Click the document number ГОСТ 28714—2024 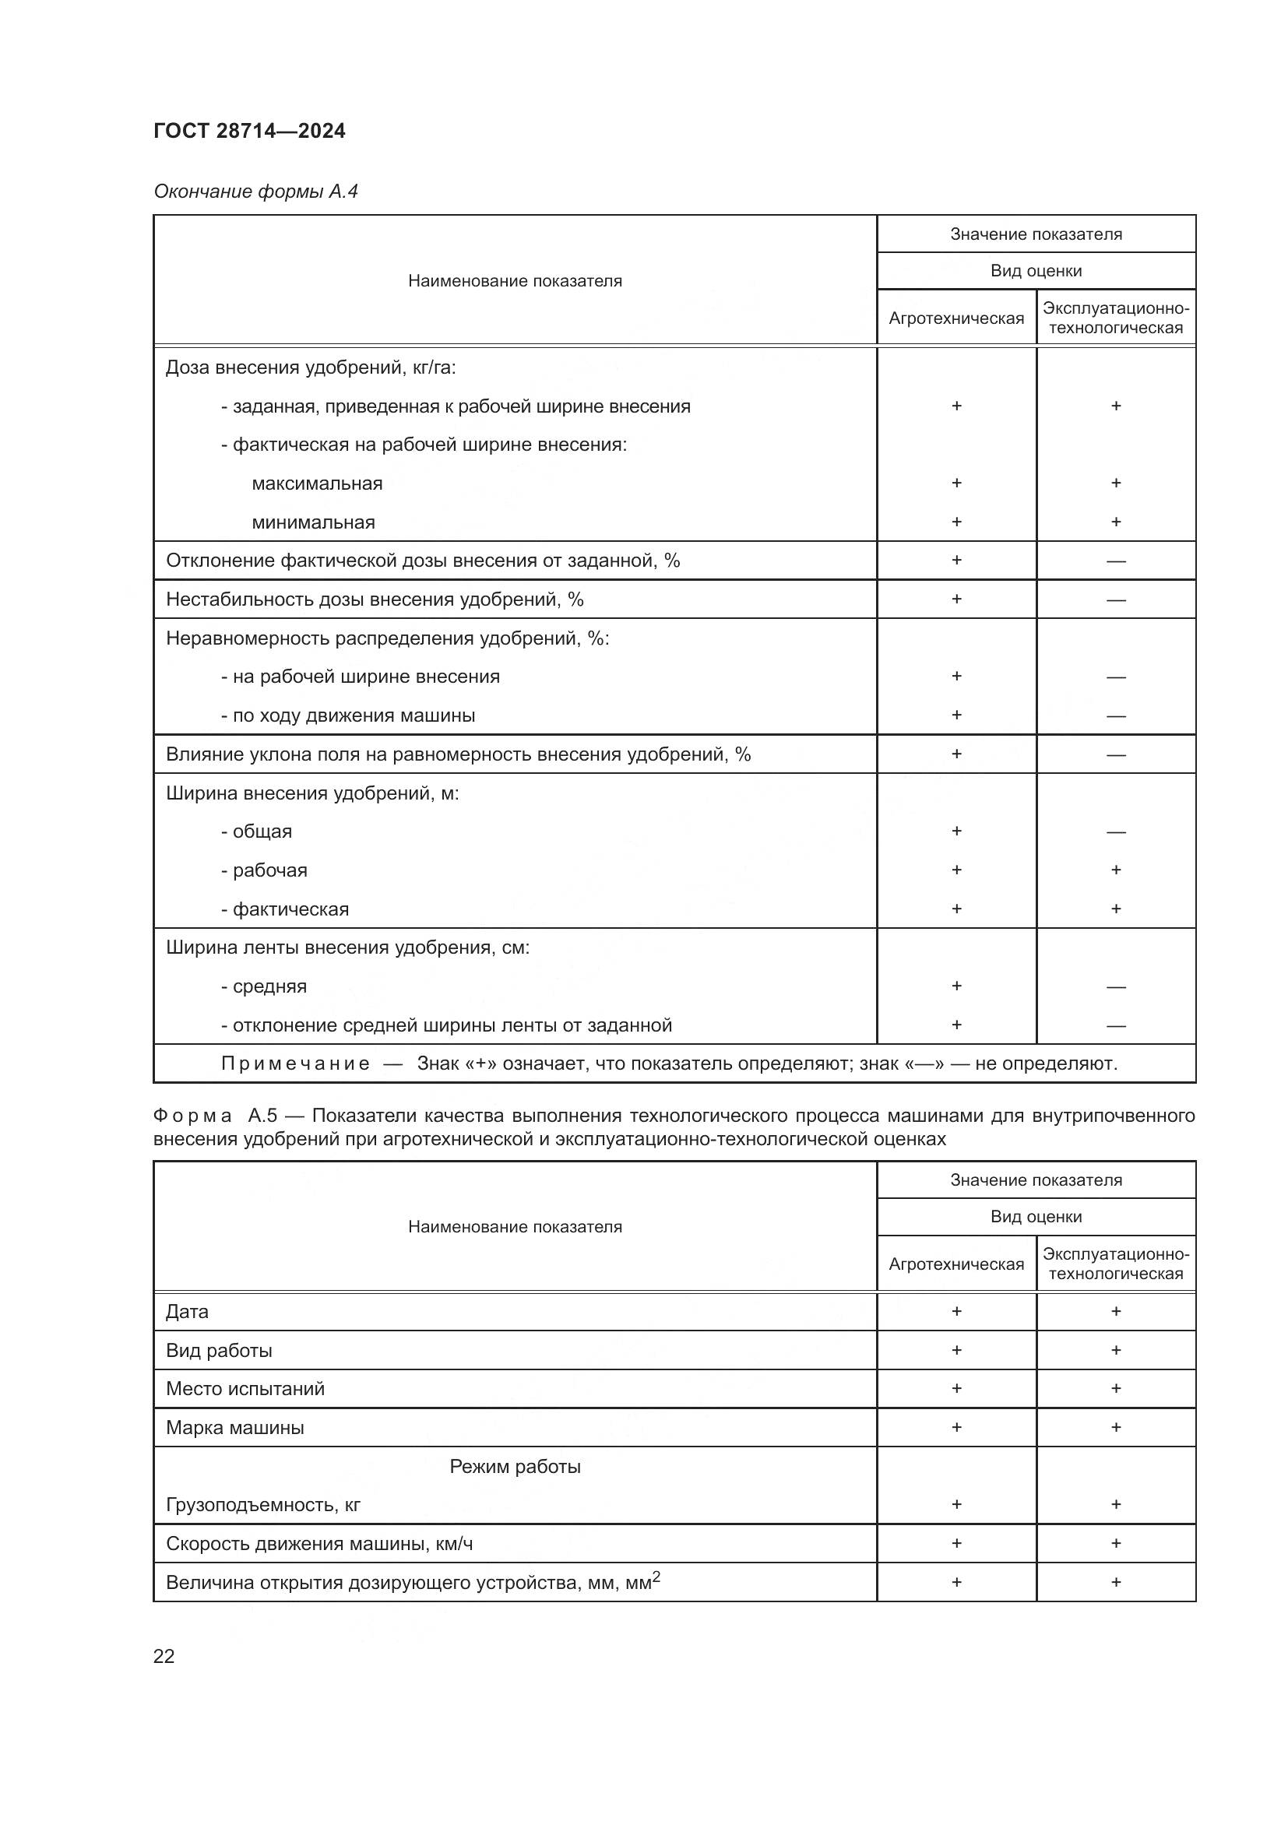(x=249, y=131)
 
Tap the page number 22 (x=164, y=1656)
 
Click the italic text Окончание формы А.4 (x=255, y=192)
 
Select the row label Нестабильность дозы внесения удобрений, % (x=375, y=599)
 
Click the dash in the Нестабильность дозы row (x=1115, y=600)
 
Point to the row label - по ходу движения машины (x=347, y=715)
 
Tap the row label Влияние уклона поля (x=458, y=754)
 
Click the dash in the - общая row (x=1115, y=832)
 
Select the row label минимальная (x=313, y=522)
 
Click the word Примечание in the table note (x=295, y=1063)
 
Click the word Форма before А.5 (x=192, y=1116)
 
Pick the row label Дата (x=187, y=1312)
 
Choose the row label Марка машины (x=234, y=1428)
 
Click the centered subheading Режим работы (x=515, y=1467)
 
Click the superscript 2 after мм (x=656, y=1577)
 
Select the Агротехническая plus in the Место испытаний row (x=956, y=1389)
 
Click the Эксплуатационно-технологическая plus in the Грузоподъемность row (x=1115, y=1505)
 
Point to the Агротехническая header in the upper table (x=955, y=318)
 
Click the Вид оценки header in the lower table (x=1036, y=1217)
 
